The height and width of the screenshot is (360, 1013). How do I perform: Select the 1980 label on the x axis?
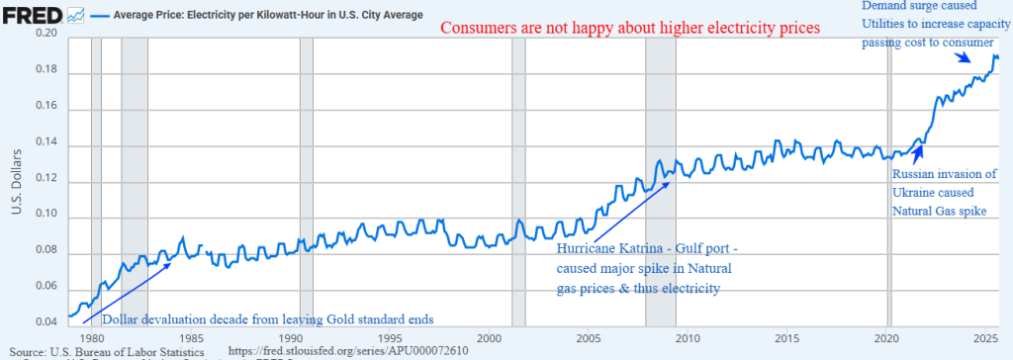tap(92, 338)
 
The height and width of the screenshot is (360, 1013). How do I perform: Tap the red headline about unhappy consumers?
tap(630, 28)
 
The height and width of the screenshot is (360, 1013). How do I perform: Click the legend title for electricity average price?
tap(267, 14)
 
